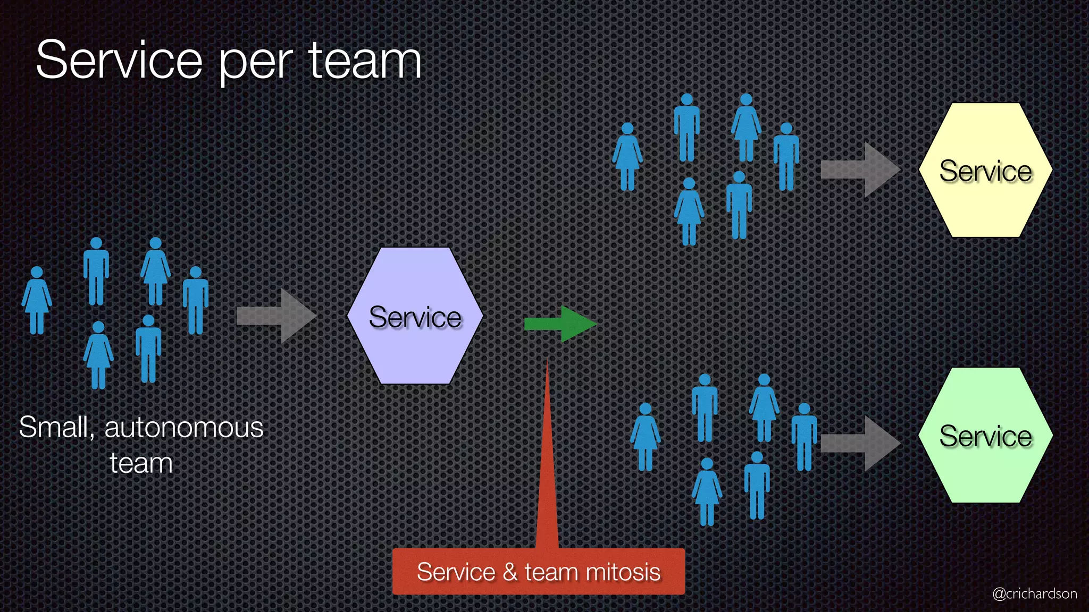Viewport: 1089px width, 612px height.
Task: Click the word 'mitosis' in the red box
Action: tap(623, 572)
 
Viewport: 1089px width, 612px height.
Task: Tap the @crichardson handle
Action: tap(1034, 593)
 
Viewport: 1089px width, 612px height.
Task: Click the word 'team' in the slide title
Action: tap(365, 61)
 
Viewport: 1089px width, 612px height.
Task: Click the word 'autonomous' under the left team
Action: tap(184, 428)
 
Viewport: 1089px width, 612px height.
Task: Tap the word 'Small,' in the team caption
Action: tap(56, 428)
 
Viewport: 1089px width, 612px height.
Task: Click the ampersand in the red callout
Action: tap(510, 572)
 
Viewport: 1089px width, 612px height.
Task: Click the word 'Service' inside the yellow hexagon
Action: tap(985, 171)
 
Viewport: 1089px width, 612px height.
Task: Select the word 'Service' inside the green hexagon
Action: tap(985, 436)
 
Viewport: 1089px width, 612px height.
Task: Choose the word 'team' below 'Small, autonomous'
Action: tap(141, 463)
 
